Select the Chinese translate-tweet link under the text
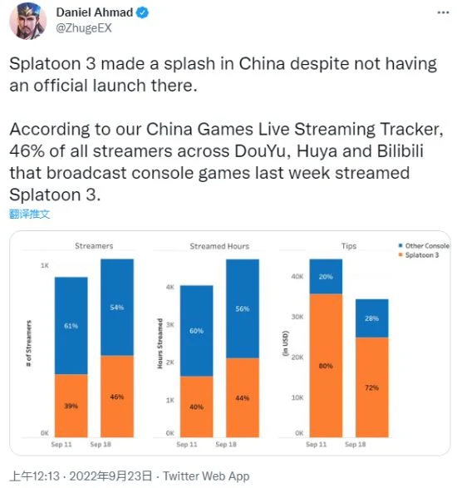click(30, 214)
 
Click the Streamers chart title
click(94, 246)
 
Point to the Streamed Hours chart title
click(219, 246)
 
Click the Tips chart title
click(349, 246)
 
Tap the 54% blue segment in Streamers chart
click(117, 308)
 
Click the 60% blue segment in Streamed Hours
click(196, 331)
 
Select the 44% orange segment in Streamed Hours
click(242, 397)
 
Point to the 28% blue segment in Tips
click(371, 318)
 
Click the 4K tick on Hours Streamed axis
click(170, 287)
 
